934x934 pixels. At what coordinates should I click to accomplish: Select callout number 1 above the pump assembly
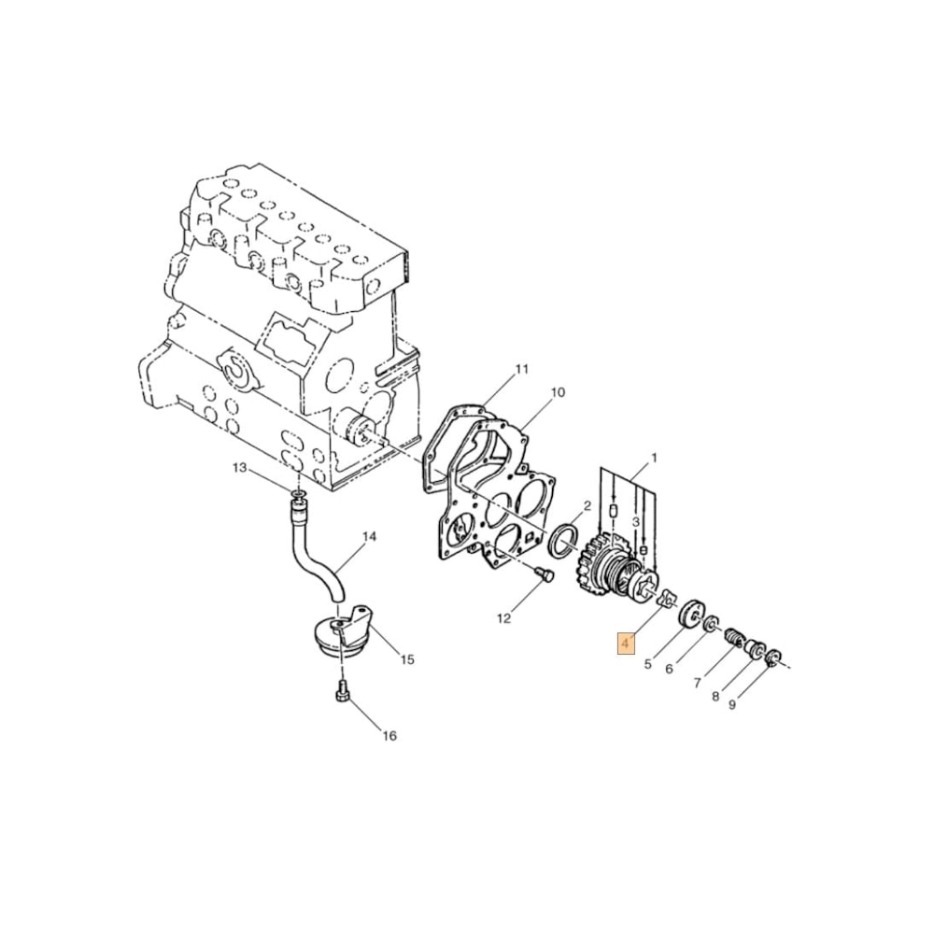[x=654, y=458]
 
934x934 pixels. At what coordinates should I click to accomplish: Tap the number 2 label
[x=587, y=505]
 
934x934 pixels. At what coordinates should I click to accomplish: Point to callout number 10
[x=558, y=393]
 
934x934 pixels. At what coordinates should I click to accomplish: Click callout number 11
[x=521, y=369]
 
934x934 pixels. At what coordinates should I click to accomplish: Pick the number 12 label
[x=504, y=618]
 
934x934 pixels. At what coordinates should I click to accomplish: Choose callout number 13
[x=239, y=468]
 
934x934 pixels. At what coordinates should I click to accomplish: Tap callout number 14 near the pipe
[x=368, y=537]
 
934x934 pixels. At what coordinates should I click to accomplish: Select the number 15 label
[x=406, y=660]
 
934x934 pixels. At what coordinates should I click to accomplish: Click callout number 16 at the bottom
[x=389, y=736]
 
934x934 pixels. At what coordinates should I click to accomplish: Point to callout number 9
[x=732, y=705]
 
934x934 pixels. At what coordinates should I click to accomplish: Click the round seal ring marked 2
[x=563, y=541]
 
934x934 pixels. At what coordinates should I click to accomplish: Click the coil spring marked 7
[x=735, y=640]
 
